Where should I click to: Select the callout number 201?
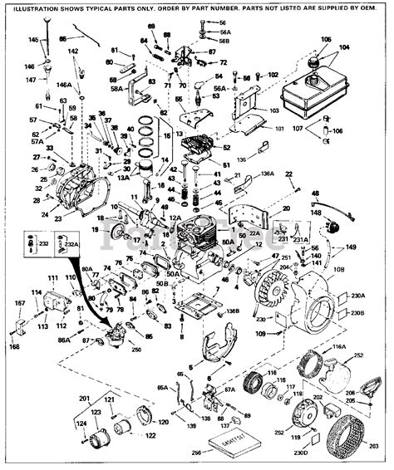coord(83,399)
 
